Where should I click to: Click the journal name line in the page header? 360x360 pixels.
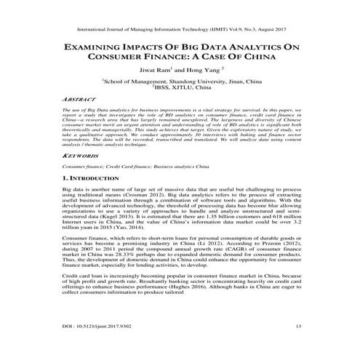coord(180,32)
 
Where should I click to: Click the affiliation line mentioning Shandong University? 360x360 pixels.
coord(180,83)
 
